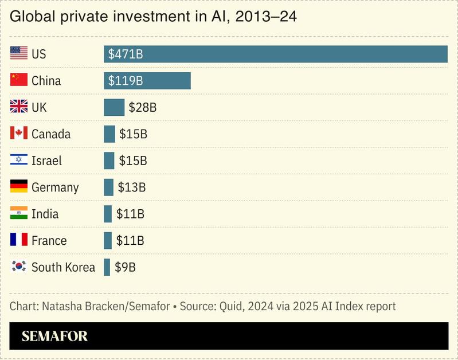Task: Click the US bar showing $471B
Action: [275, 54]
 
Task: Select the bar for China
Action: [147, 81]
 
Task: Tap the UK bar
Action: [113, 107]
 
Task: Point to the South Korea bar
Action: [107, 267]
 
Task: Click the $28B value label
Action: [142, 107]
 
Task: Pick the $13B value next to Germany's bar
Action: [131, 187]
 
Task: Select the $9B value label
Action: [125, 267]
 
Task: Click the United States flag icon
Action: [19, 54]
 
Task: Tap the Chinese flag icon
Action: [19, 80]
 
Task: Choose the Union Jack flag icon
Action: [19, 107]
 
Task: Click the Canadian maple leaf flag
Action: [19, 134]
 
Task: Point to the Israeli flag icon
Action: [19, 161]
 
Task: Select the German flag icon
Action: [19, 187]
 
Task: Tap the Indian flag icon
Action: [19, 214]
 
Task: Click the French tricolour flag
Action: [19, 240]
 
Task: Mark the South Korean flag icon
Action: [19, 267]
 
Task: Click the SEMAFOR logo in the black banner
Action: [54, 336]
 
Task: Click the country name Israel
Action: [46, 161]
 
